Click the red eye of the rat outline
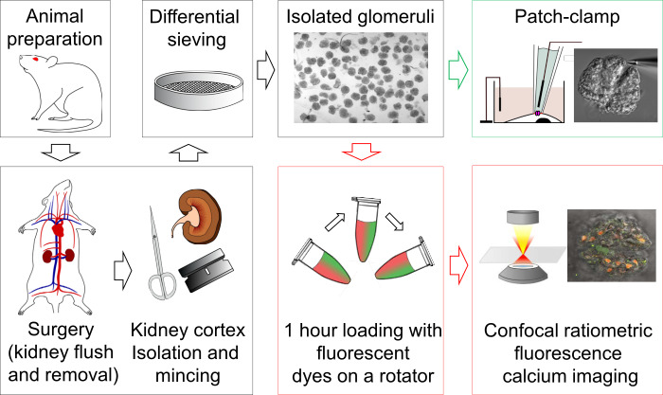[x=36, y=60]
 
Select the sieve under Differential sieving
[x=198, y=91]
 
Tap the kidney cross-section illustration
[x=196, y=217]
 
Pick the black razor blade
[x=206, y=271]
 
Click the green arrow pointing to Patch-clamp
[x=457, y=70]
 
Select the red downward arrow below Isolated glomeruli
[x=362, y=152]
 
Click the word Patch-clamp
[x=567, y=17]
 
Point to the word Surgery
[x=61, y=330]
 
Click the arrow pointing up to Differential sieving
[x=188, y=153]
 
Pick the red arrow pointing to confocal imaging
[x=458, y=265]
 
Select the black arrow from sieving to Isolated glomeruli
[x=265, y=70]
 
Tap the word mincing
[x=188, y=376]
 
